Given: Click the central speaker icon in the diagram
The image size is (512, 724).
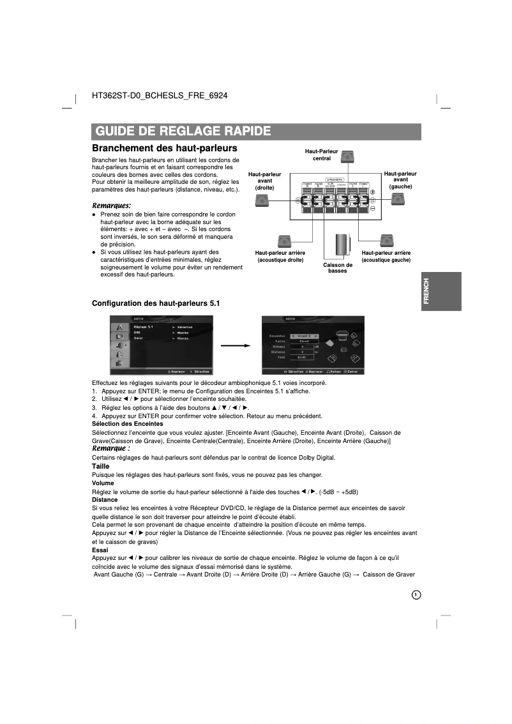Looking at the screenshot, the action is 347,157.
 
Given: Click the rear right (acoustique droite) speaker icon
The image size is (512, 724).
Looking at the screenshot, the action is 284,241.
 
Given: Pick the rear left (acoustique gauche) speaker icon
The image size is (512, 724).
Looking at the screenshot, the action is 386,241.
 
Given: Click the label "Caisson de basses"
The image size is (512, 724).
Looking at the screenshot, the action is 338,268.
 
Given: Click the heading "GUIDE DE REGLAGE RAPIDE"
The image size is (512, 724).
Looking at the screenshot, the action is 183,132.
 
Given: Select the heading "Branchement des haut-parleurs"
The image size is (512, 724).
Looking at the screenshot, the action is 160,148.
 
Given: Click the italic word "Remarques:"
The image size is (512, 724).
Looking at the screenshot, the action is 112,206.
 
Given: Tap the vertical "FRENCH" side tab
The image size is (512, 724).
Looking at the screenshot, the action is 440,291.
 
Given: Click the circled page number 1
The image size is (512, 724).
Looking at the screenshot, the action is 416,594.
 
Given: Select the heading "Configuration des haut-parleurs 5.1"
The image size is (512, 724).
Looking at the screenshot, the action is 156,303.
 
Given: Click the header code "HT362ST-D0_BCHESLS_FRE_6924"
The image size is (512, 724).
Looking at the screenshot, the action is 160,96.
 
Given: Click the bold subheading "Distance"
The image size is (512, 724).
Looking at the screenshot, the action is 105,500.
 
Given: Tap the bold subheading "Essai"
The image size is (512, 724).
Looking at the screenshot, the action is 100,550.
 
